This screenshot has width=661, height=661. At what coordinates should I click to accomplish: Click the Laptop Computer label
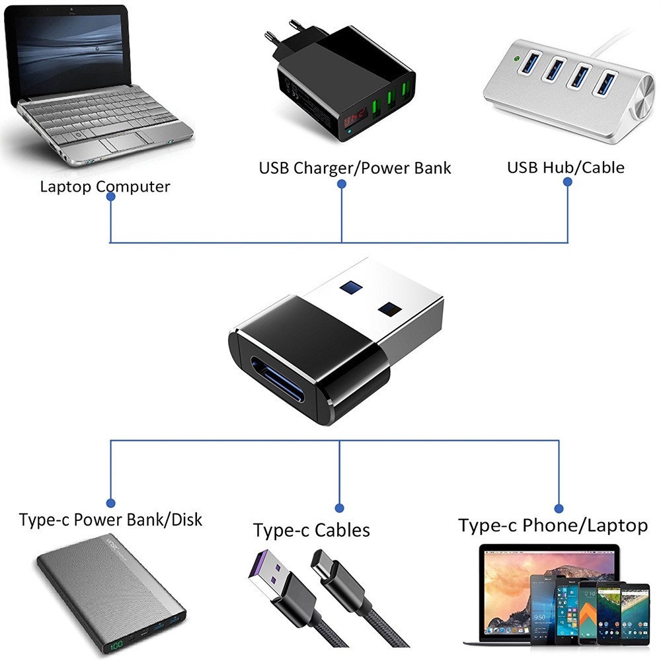click(104, 186)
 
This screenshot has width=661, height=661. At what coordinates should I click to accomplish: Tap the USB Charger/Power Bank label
click(354, 168)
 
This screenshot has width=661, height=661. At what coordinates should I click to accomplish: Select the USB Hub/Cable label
click(565, 167)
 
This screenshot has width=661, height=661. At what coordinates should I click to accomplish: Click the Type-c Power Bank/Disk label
click(110, 520)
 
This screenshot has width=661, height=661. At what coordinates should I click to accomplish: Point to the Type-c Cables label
click(311, 530)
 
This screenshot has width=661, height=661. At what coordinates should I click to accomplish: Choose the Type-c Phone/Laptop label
click(553, 525)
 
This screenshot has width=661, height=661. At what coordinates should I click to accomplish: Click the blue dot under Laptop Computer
click(111, 205)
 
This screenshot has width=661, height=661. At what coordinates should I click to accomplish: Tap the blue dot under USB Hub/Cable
click(567, 186)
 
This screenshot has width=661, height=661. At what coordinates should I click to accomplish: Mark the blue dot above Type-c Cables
click(340, 508)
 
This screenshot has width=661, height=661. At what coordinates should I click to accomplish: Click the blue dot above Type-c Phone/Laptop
click(559, 508)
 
